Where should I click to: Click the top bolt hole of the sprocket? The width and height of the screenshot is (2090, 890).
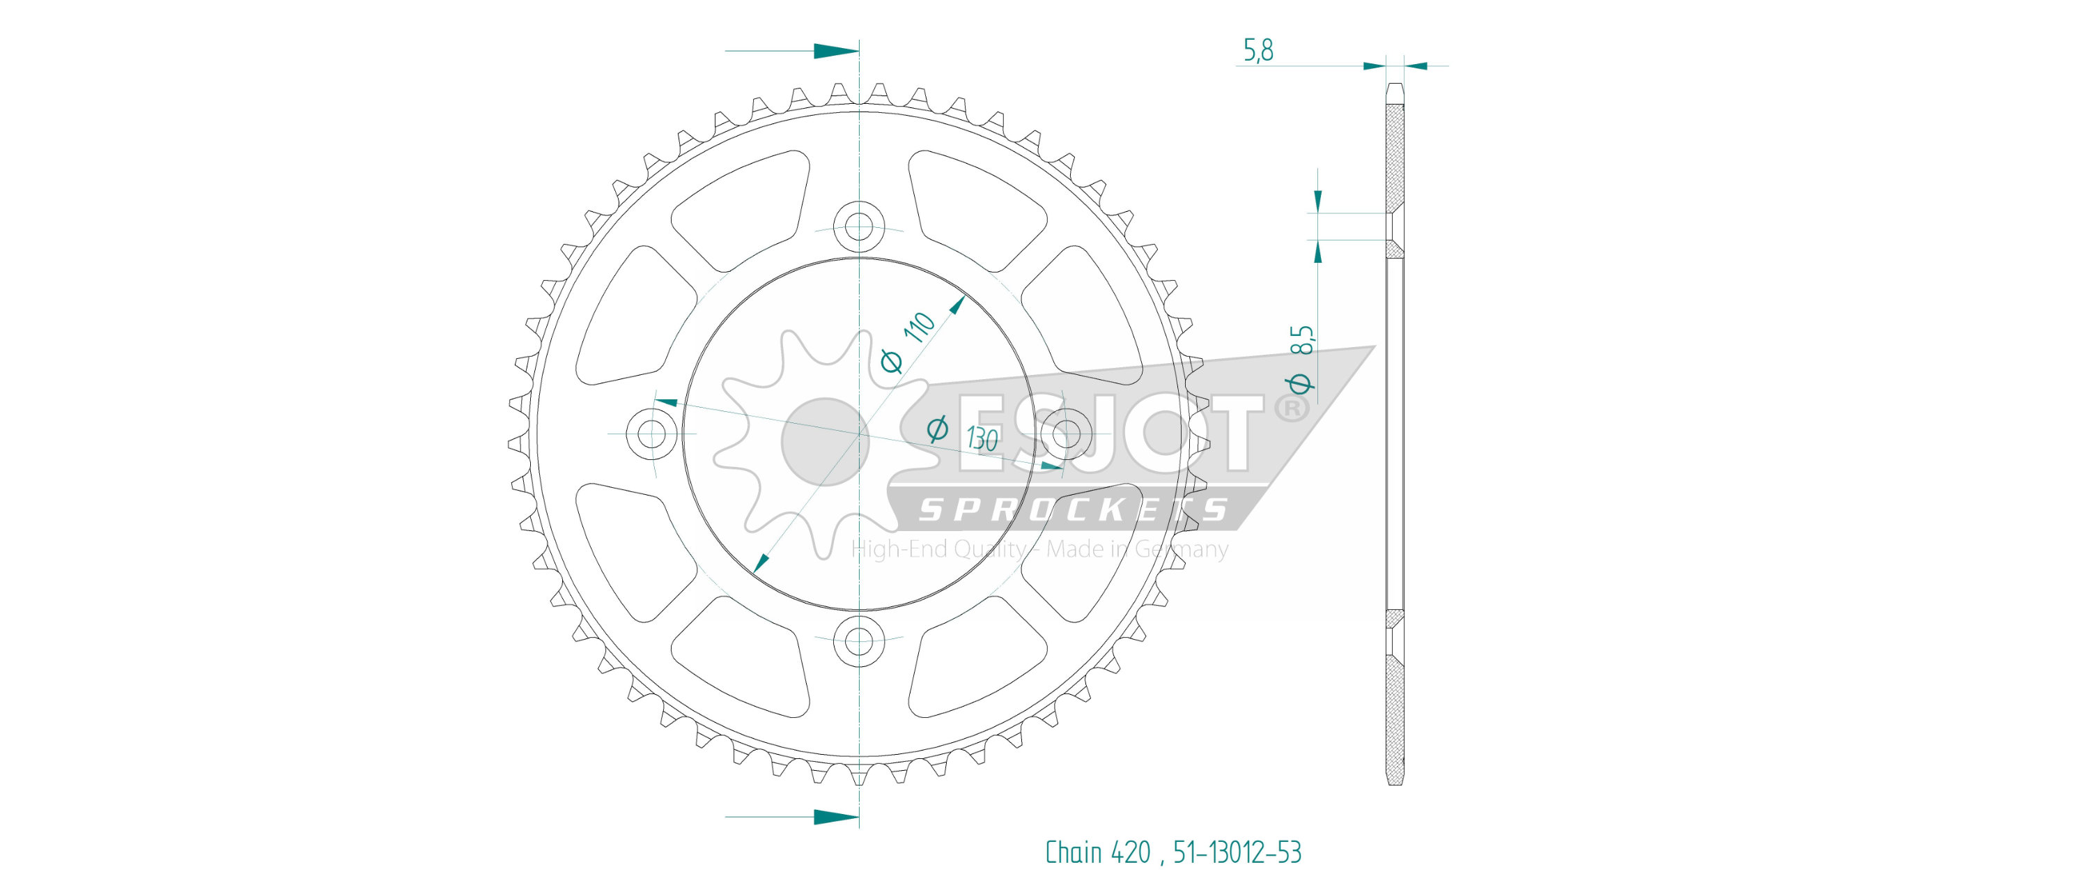click(x=859, y=226)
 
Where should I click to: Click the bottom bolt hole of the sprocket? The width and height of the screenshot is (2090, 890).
click(x=859, y=642)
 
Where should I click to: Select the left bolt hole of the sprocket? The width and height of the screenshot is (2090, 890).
click(x=651, y=434)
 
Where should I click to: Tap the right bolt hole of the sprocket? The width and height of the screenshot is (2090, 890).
click(x=1067, y=434)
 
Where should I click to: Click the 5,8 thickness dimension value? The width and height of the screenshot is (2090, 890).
click(x=1258, y=50)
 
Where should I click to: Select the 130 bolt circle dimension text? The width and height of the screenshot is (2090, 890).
click(x=982, y=439)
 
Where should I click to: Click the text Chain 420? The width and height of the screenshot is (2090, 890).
click(x=1098, y=852)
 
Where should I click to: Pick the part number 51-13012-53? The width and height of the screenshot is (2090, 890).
click(x=1237, y=852)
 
